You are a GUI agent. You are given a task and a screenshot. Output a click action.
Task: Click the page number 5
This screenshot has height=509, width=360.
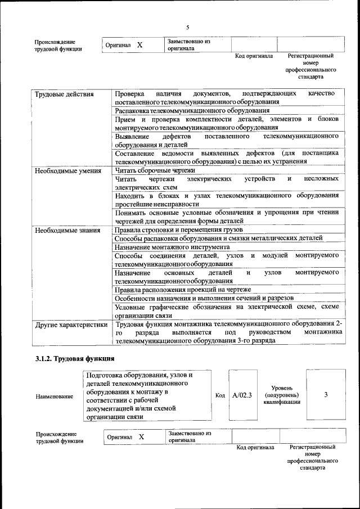tap(188, 28)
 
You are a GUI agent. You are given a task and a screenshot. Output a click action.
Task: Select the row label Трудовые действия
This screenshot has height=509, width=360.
tap(64, 93)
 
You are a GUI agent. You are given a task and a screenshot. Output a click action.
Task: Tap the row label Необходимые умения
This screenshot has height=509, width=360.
tap(67, 170)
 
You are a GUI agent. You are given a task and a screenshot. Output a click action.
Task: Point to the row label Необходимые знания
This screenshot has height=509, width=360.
tap(67, 231)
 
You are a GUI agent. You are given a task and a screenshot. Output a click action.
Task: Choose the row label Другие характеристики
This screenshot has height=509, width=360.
tap(71, 325)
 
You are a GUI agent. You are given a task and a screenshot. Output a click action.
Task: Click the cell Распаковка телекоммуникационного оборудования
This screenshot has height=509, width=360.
tap(192, 111)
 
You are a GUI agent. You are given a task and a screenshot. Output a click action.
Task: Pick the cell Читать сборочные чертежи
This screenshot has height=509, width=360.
tap(155, 170)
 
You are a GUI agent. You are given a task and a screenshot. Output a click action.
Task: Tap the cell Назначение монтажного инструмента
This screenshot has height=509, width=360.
tap(172, 247)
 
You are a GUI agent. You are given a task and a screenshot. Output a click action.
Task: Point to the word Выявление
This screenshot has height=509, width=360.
tap(132, 137)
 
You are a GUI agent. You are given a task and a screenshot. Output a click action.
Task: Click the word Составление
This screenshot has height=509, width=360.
tap(136, 154)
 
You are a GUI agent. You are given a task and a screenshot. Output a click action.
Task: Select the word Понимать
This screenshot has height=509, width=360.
tap(132, 213)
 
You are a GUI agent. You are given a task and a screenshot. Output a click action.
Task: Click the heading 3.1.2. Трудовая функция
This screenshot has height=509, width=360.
tap(75, 358)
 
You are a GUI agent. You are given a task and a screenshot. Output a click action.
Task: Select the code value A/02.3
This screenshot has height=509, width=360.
tap(242, 395)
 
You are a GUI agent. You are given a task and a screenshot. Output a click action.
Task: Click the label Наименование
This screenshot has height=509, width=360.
tap(54, 397)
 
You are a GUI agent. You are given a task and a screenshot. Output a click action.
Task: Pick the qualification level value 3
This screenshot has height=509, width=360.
tap(326, 395)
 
